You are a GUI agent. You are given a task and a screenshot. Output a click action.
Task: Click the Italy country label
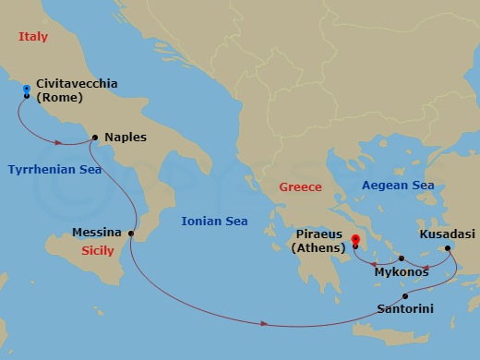point(33,37)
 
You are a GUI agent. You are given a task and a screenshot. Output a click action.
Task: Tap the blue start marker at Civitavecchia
point(27,89)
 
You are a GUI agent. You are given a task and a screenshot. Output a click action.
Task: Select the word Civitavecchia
point(77,83)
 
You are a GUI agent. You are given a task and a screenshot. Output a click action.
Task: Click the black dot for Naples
point(96,138)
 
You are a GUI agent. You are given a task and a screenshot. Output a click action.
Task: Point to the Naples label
point(126,137)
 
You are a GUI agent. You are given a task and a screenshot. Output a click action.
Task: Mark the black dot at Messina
point(131,234)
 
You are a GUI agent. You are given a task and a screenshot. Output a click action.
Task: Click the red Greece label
point(301,187)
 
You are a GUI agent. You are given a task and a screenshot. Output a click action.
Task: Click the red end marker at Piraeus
point(354,241)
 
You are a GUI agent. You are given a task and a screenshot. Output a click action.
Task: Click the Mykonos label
point(402,272)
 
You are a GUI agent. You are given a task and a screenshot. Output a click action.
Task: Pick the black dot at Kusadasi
point(448,248)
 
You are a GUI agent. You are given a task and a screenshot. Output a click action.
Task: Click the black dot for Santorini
point(404,295)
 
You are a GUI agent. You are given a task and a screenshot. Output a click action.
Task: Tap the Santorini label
point(403,309)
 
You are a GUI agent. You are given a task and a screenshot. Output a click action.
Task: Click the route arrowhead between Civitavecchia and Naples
point(59,142)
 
